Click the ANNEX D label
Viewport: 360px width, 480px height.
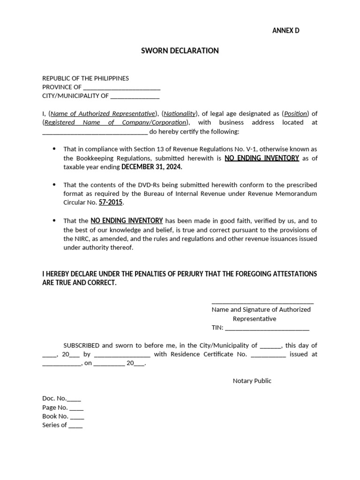[285, 30]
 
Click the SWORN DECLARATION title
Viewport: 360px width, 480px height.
[180, 51]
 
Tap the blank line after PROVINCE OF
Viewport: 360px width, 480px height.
[121, 88]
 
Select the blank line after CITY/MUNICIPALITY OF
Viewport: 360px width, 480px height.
[135, 97]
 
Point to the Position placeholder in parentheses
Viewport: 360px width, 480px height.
[295, 113]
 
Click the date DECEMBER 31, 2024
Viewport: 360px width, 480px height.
[152, 167]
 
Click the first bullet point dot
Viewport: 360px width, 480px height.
[53, 149]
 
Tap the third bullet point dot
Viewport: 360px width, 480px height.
[53, 220]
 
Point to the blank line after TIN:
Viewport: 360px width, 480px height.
[267, 328]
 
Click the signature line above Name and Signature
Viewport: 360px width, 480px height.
[262, 303]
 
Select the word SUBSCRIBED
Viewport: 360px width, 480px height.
[82, 345]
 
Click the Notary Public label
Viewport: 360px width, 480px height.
[252, 381]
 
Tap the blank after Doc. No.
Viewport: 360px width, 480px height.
[74, 399]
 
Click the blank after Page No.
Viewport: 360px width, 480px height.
[76, 408]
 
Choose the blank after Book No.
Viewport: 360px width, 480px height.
[77, 417]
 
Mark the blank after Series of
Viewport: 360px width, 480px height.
[75, 426]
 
